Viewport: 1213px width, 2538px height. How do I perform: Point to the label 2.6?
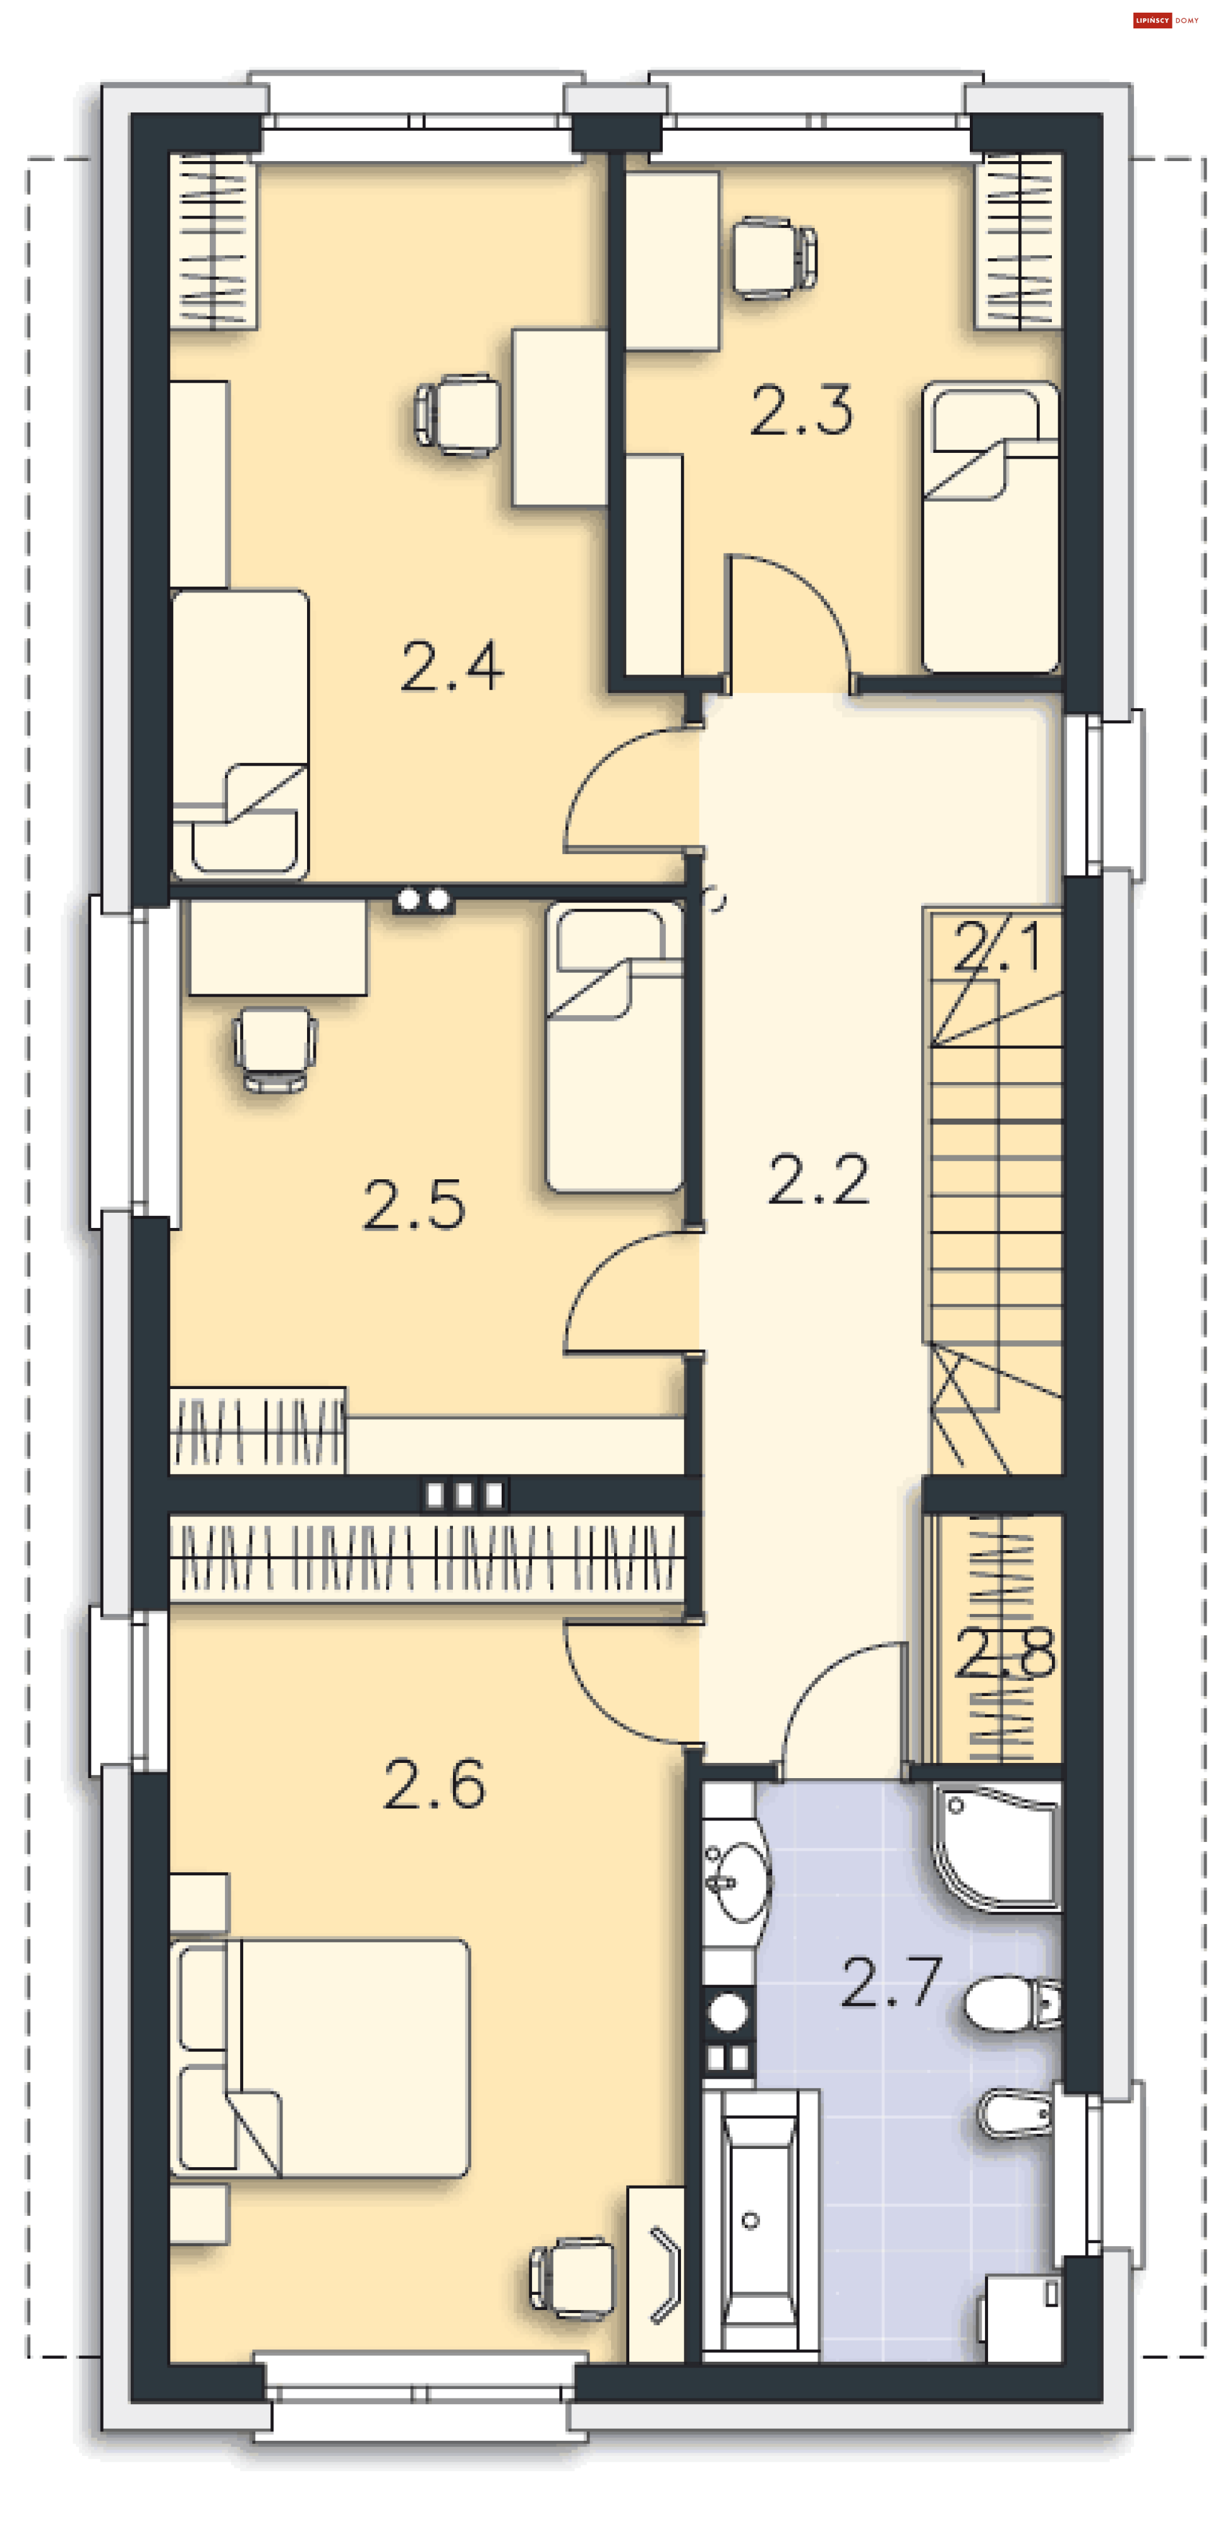tap(435, 1784)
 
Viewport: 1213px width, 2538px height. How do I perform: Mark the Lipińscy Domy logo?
tap(1167, 20)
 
